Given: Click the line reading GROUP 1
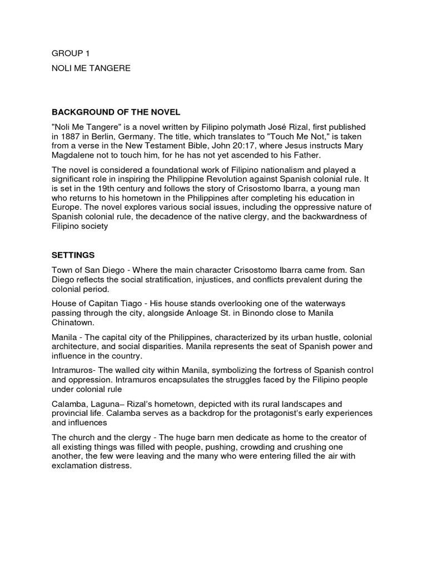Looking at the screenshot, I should coord(70,53).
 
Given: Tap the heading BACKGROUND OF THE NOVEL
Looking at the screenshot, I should coord(116,113).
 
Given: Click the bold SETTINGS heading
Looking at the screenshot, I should coord(73,255).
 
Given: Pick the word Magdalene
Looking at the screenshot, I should coord(75,155).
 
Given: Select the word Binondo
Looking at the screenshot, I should coord(254,313).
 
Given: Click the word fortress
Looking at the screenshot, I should coord(267,370).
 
